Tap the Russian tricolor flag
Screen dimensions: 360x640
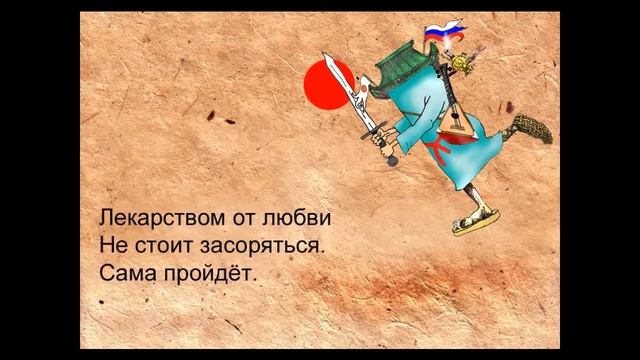437,35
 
